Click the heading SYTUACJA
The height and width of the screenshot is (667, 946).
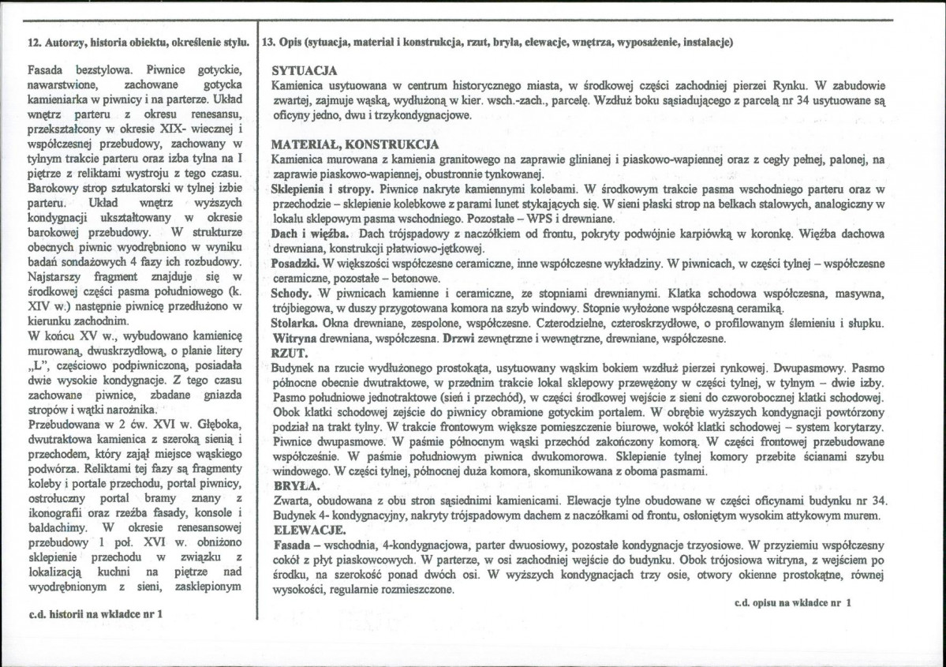pos(304,70)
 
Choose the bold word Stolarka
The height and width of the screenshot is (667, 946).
pos(294,324)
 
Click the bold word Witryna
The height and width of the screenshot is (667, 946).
pos(294,338)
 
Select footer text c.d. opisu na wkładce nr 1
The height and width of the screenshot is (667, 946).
pos(792,603)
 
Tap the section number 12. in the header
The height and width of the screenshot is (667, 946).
pos(35,41)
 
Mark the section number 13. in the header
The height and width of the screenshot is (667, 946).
pos(270,41)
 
